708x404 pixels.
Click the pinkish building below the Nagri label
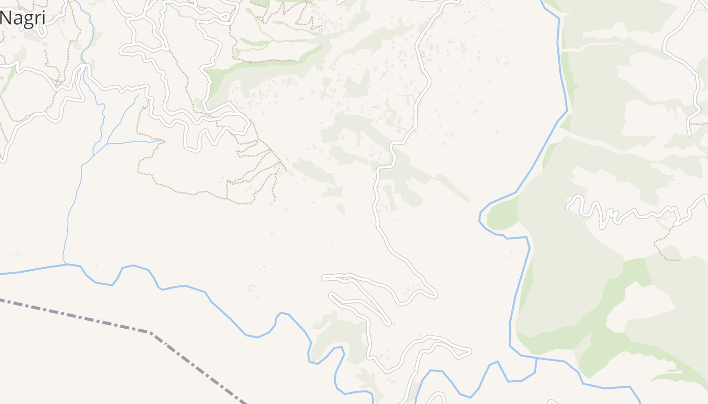pyautogui.click(x=31, y=36)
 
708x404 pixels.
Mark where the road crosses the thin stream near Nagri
pyautogui.click(x=84, y=64)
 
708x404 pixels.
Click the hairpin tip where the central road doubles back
pyautogui.click(x=435, y=294)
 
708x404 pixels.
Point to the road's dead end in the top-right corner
pyautogui.click(x=691, y=134)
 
